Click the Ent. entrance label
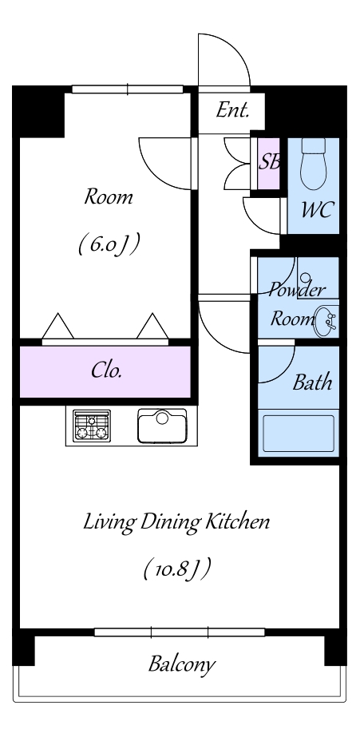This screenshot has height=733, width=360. point(232,110)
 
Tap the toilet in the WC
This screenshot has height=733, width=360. point(313,164)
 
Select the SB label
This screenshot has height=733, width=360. point(270,161)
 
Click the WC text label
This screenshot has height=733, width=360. point(318,210)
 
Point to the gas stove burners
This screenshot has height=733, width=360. point(92,425)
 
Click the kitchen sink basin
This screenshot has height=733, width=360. point(162,426)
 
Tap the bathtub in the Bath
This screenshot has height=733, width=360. point(299,434)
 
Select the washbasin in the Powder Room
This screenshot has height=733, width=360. point(326,321)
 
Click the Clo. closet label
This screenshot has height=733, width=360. point(107,370)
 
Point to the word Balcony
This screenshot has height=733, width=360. point(182,664)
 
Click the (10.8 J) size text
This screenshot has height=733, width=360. point(176,569)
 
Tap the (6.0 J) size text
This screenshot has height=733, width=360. point(109,244)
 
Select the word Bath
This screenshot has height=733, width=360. point(312,382)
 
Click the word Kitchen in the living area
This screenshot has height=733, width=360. point(239,521)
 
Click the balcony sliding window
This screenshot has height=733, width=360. point(180,632)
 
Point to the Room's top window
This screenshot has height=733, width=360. point(127,89)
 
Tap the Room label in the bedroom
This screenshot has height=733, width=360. point(109,196)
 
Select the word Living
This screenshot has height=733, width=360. point(109,523)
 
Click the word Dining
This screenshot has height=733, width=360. point(171,523)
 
